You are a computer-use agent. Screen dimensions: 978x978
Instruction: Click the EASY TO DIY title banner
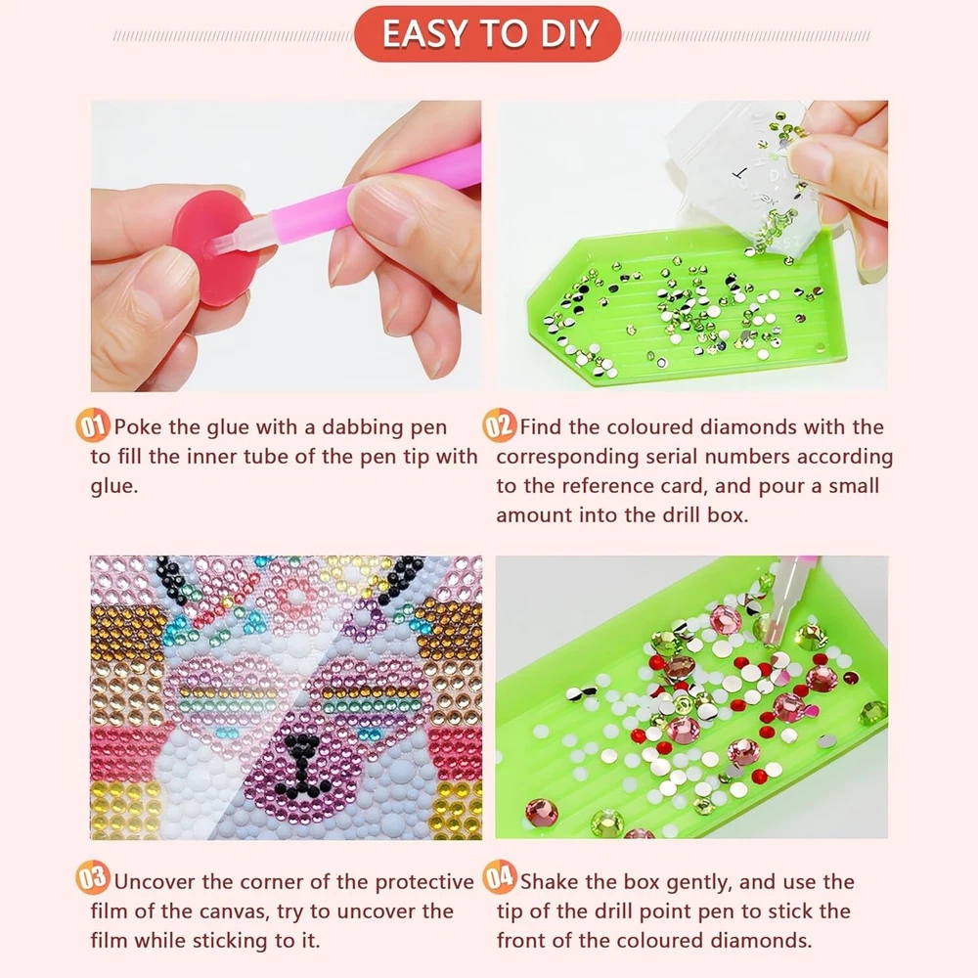[x=488, y=33]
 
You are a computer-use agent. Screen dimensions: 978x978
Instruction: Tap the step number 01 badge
[x=93, y=425]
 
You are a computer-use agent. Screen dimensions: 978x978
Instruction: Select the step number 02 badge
[x=499, y=425]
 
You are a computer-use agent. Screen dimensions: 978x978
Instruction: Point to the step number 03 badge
[x=93, y=877]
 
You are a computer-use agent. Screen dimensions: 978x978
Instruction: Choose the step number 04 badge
[x=499, y=876]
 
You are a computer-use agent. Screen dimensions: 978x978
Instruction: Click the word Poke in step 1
[x=138, y=427]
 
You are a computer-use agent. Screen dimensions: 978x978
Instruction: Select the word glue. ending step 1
[x=114, y=487]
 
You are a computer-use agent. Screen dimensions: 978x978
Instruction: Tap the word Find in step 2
[x=542, y=427]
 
